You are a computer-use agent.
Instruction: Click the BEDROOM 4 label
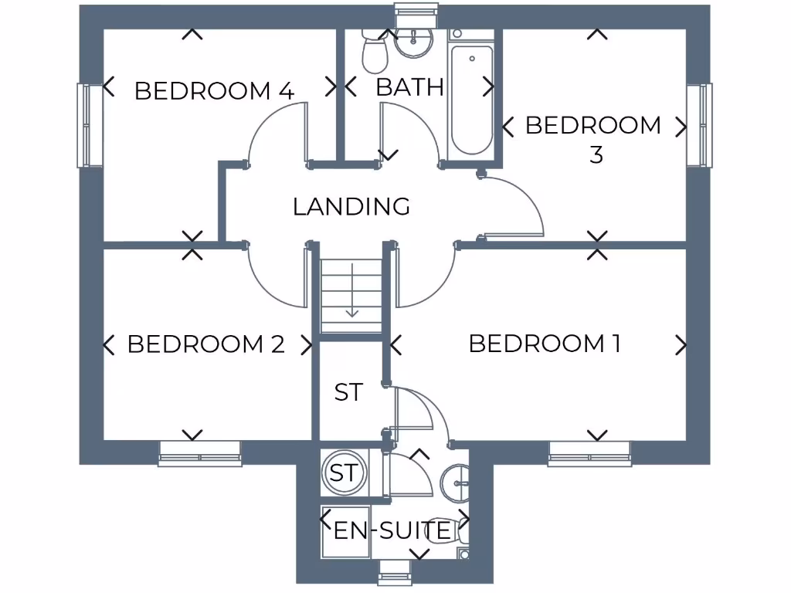click(x=214, y=90)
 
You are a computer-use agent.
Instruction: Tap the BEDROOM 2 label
click(x=206, y=344)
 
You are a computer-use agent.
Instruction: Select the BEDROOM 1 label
click(x=545, y=343)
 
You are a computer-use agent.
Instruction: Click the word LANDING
click(x=351, y=206)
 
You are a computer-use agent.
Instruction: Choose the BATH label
click(x=409, y=87)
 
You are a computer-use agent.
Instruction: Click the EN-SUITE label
click(x=392, y=530)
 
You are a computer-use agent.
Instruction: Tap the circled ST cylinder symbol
click(x=344, y=472)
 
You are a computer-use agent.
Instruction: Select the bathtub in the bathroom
click(x=471, y=100)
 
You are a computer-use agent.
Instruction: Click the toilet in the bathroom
click(x=375, y=49)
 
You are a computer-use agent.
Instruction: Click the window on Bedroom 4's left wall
click(x=90, y=125)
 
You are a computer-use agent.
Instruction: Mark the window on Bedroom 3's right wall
click(x=700, y=125)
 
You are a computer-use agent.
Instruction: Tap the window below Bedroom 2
click(x=200, y=454)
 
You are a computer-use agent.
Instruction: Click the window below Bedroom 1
click(x=589, y=454)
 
